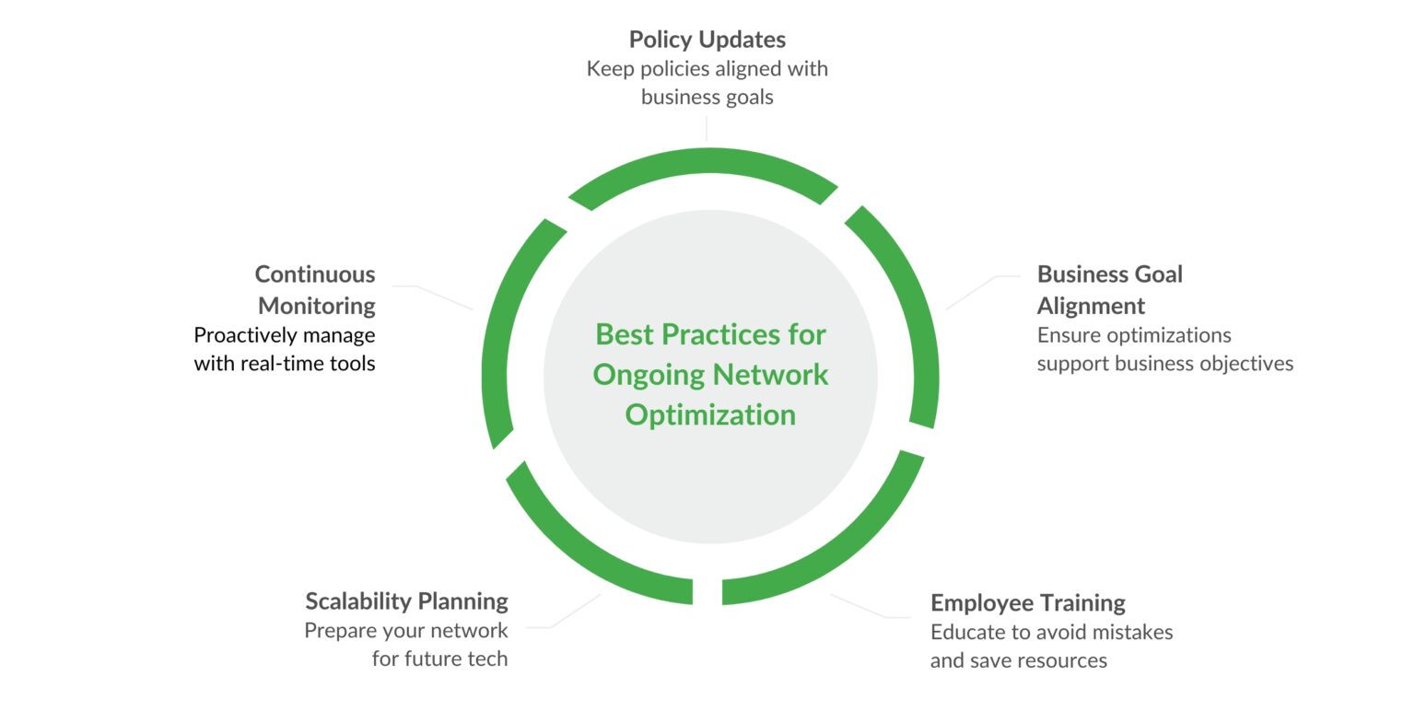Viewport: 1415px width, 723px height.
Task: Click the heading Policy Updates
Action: (x=707, y=40)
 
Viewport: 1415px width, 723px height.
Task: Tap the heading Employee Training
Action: (x=1027, y=603)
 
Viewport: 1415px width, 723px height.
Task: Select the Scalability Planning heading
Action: (x=406, y=601)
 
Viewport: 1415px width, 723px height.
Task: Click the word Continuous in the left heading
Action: (x=315, y=274)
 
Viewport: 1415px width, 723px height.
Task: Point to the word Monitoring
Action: (x=317, y=306)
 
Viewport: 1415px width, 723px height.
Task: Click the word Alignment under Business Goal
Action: (x=1091, y=306)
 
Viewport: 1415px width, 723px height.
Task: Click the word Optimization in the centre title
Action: (x=710, y=415)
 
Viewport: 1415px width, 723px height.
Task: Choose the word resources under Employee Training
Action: (x=1062, y=661)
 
